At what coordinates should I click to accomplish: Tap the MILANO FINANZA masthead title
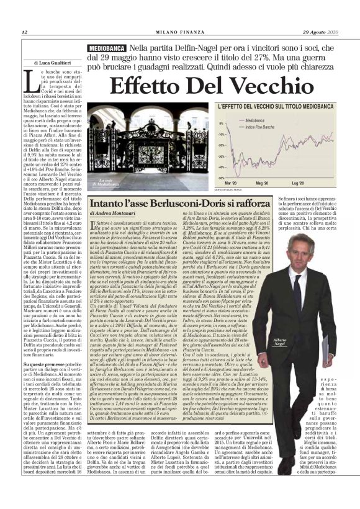tap(179, 32)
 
